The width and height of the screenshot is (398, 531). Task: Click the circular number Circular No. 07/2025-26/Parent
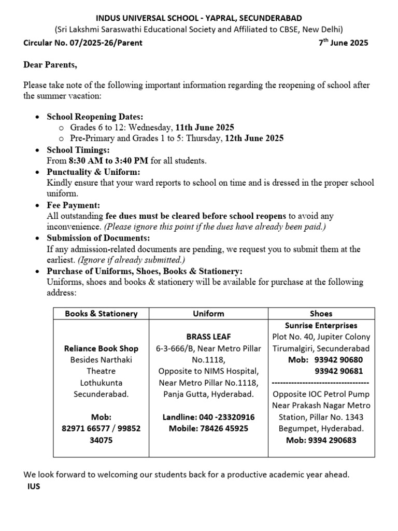(x=83, y=43)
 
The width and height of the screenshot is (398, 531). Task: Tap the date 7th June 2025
(x=343, y=43)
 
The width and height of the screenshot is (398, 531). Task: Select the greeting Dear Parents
(x=50, y=65)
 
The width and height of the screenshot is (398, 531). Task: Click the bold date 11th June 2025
(x=205, y=128)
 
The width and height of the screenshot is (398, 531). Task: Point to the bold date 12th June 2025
(x=254, y=138)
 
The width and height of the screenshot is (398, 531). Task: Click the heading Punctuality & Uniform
(x=93, y=172)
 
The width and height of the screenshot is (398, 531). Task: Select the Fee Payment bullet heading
(x=73, y=205)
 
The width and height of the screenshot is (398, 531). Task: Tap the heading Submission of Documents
(x=98, y=238)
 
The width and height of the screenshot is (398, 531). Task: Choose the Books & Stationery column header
(x=101, y=313)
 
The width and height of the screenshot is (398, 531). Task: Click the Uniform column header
(x=208, y=313)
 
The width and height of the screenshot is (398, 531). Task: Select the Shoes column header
(x=321, y=313)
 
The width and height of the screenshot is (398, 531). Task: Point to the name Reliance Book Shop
(x=101, y=348)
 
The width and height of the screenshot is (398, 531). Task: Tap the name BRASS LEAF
(x=208, y=337)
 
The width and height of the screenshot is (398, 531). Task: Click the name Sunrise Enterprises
(x=321, y=326)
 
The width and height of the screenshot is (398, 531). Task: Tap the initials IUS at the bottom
(x=33, y=487)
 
